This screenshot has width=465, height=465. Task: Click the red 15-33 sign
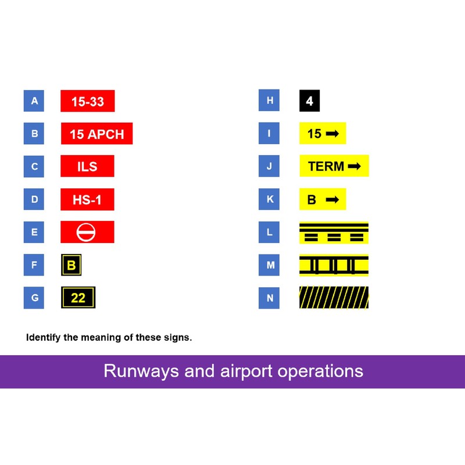click(x=87, y=101)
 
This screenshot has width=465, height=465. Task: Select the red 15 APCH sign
click(x=96, y=134)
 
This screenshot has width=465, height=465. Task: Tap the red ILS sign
click(x=87, y=166)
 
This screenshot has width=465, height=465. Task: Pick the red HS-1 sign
click(x=87, y=199)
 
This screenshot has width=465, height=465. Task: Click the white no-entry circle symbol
click(x=87, y=232)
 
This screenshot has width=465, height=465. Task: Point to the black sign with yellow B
click(x=71, y=266)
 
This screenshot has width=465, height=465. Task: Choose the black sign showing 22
click(x=78, y=298)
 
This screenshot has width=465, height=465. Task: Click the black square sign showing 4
click(x=309, y=101)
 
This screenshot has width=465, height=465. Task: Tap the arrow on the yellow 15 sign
click(x=332, y=134)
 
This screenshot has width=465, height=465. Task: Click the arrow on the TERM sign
click(x=354, y=167)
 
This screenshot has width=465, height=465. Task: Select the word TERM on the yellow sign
click(x=326, y=167)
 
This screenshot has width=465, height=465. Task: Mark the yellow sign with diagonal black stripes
click(x=334, y=298)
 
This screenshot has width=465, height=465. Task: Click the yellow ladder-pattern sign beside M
click(x=334, y=265)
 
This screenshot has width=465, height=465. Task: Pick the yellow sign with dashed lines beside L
click(x=334, y=233)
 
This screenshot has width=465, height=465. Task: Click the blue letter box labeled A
click(x=34, y=101)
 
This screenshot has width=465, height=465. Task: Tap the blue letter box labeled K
click(x=269, y=199)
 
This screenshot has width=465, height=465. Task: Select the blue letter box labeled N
click(x=269, y=298)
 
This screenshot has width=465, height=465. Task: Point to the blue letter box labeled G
click(x=34, y=298)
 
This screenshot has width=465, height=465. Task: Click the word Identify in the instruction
click(x=44, y=337)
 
